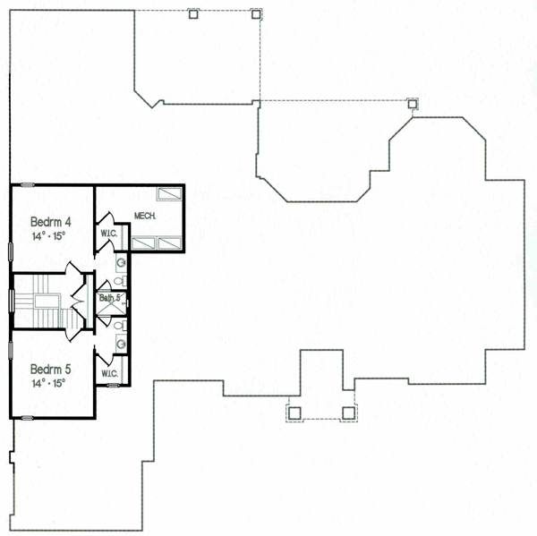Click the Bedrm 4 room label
pyautogui.click(x=51, y=222)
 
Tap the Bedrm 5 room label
pyautogui.click(x=51, y=370)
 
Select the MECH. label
pyautogui.click(x=145, y=216)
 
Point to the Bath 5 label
pyautogui.click(x=110, y=298)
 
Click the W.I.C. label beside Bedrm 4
pyautogui.click(x=109, y=234)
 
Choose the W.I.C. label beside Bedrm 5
pyautogui.click(x=109, y=373)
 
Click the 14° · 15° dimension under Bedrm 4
pyautogui.click(x=48, y=236)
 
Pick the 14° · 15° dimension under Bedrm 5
pyautogui.click(x=48, y=383)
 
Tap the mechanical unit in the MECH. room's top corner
pyautogui.click(x=169, y=194)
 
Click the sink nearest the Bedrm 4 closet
pyautogui.click(x=121, y=263)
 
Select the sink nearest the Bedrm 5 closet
pyautogui.click(x=121, y=344)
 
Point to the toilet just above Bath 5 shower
pyautogui.click(x=120, y=282)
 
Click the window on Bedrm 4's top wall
pyautogui.click(x=27, y=185)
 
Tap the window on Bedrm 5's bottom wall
pyautogui.click(x=27, y=418)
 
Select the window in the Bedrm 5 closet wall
pyautogui.click(x=113, y=386)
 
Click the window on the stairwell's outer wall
pyautogui.click(x=12, y=301)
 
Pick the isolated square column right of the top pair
pyautogui.click(x=413, y=104)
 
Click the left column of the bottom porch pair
pyautogui.click(x=294, y=413)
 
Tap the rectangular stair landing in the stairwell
pyautogui.click(x=47, y=302)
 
